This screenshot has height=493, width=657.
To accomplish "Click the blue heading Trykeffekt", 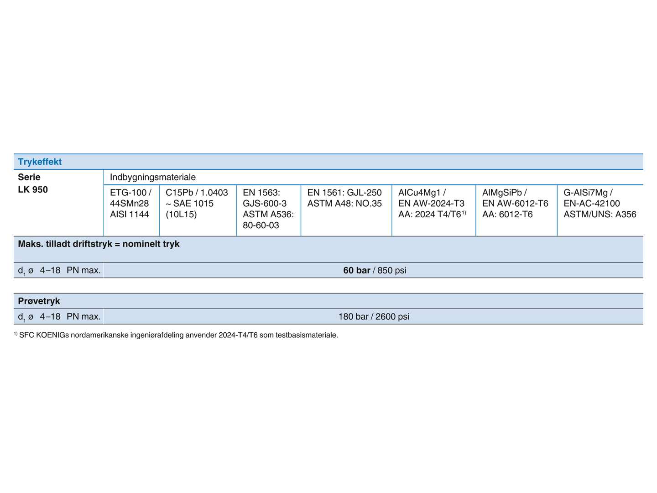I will (40, 162).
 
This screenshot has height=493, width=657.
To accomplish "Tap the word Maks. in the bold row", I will (30, 244).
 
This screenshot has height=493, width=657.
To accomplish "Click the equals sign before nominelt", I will (117, 244).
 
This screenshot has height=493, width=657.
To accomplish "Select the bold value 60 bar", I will (356, 270).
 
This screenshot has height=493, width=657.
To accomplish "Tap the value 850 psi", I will (392, 270).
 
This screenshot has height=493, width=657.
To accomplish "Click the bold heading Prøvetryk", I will (39, 301).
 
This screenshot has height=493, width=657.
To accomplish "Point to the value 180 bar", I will (353, 316).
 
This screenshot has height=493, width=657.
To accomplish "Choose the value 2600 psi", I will (392, 316).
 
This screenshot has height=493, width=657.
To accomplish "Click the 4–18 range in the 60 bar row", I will (50, 270).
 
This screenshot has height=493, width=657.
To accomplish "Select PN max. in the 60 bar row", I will (83, 270).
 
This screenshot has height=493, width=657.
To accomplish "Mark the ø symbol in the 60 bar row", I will (31, 271).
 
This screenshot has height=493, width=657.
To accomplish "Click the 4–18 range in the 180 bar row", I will (50, 316).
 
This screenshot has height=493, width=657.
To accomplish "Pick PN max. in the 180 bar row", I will (83, 316).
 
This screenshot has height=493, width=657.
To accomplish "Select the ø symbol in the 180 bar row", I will (31, 317).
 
